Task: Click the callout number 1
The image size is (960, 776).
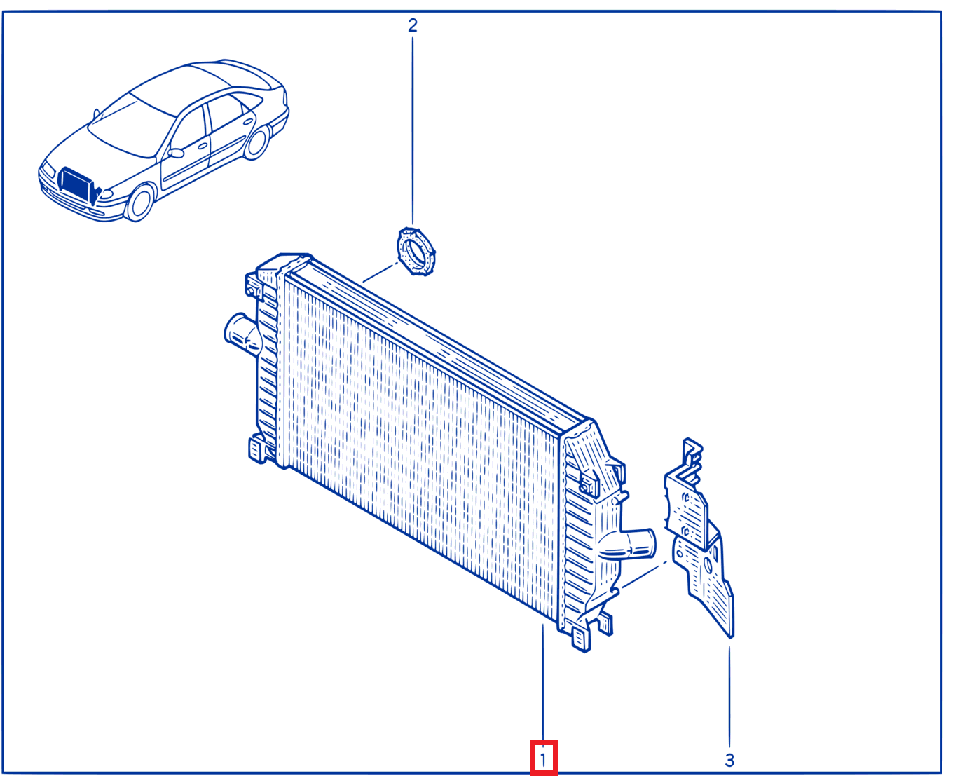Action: (x=543, y=760)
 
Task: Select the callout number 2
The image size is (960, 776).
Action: (x=413, y=25)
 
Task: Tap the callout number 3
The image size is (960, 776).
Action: (x=729, y=760)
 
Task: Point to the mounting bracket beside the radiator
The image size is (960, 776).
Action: (x=699, y=536)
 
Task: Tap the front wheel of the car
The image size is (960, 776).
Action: (x=140, y=203)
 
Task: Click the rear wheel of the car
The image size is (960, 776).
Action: (x=256, y=142)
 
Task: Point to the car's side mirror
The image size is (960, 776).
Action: (x=175, y=153)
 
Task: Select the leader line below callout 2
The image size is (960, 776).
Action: (x=413, y=131)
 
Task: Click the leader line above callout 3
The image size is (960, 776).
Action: (x=729, y=696)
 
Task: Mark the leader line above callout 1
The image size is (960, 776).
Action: (x=543, y=682)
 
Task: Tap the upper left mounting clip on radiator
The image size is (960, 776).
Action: (x=254, y=285)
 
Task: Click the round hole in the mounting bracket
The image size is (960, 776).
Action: (x=708, y=566)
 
